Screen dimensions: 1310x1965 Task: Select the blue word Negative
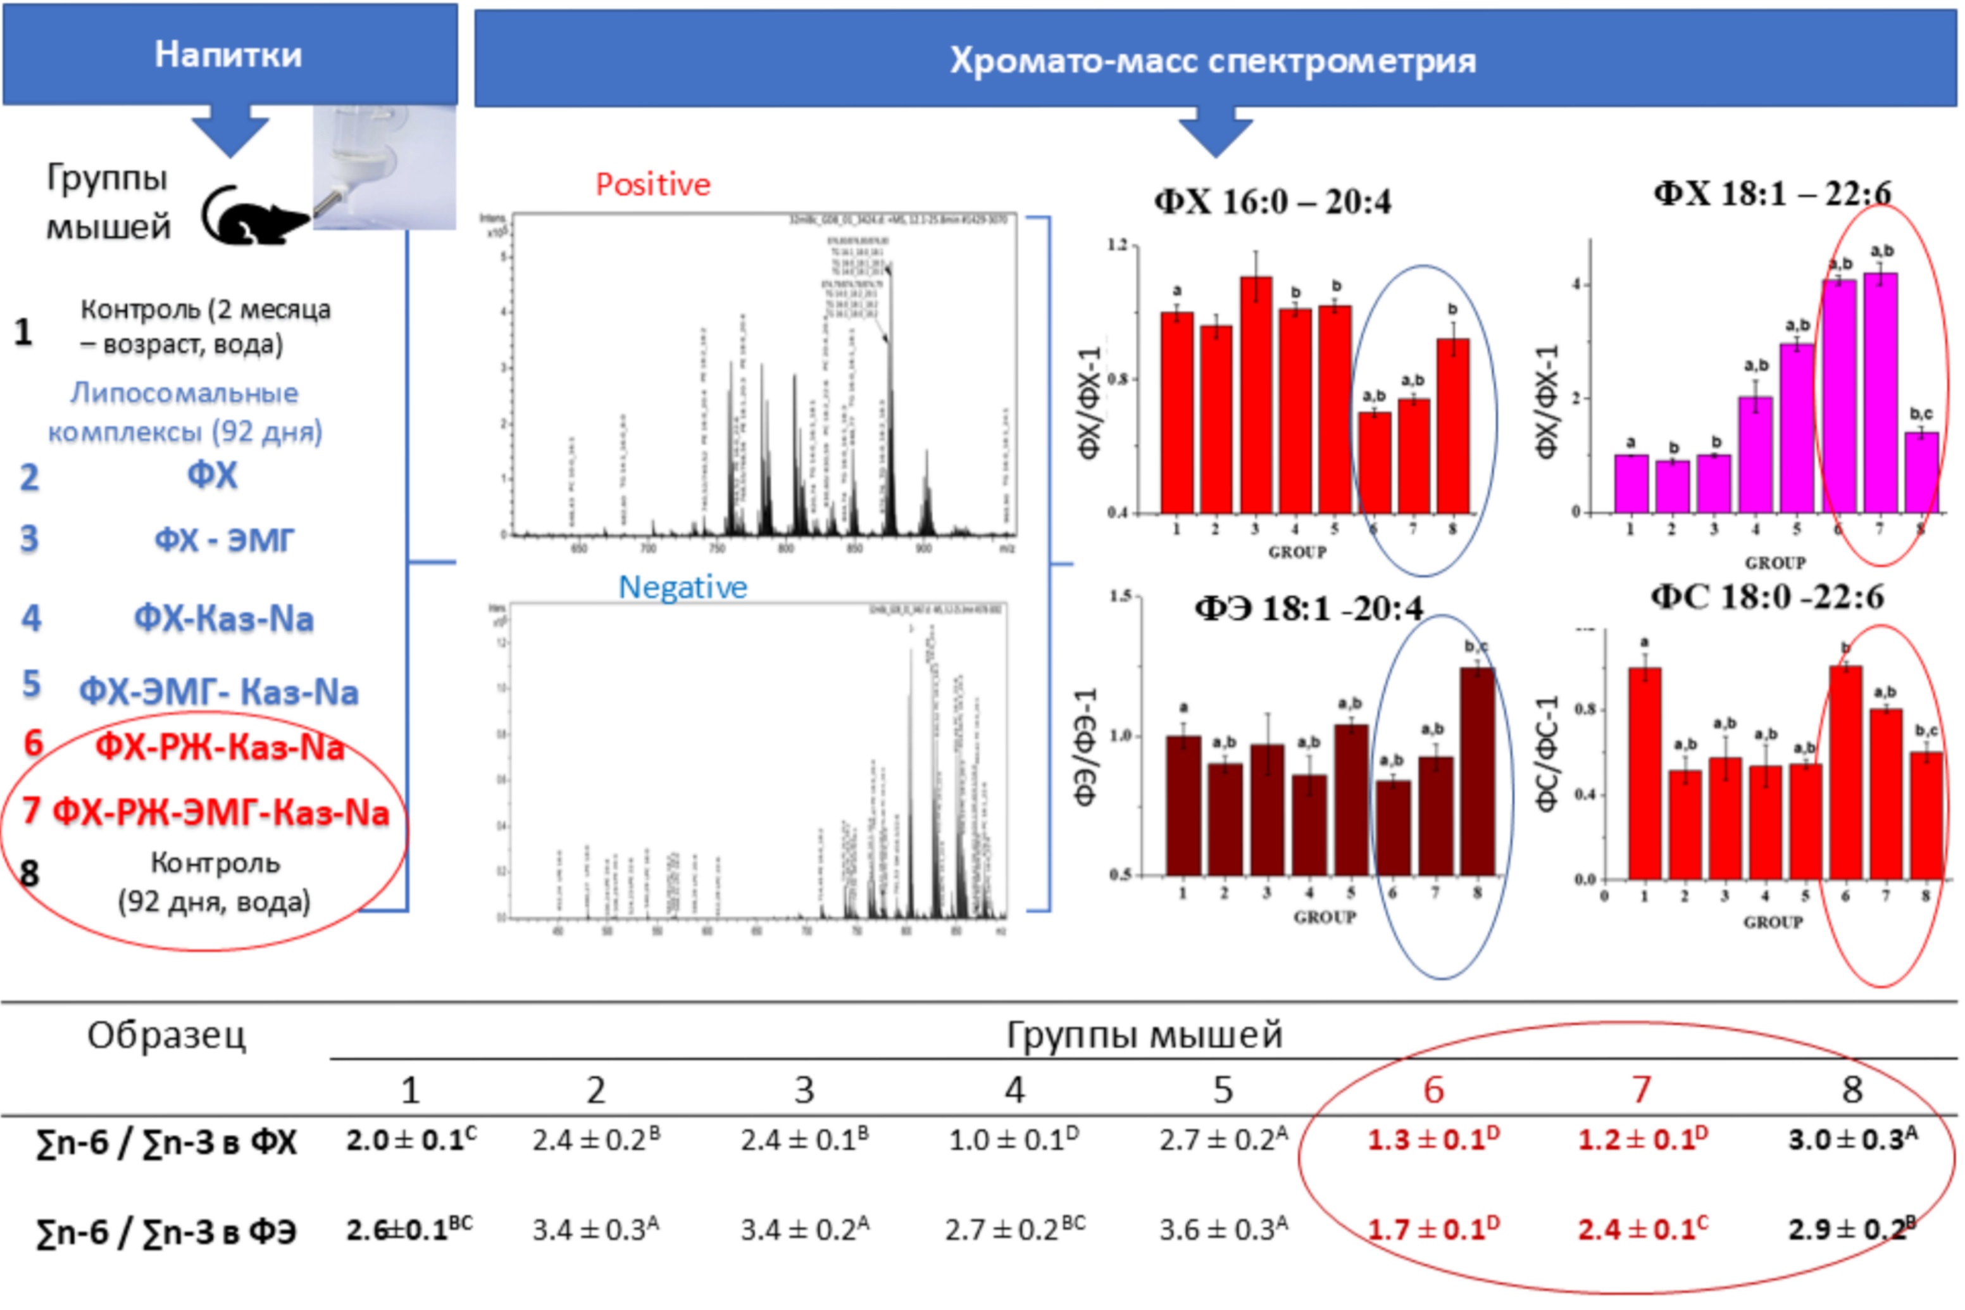tap(682, 588)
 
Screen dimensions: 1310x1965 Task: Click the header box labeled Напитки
tap(229, 55)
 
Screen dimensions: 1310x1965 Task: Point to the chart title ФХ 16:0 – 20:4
tap(1272, 201)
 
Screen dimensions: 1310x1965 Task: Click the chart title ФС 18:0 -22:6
tap(1767, 597)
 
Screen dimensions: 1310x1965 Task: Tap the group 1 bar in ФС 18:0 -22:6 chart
tap(1644, 773)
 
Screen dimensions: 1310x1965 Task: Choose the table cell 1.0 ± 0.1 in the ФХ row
tap(1013, 1140)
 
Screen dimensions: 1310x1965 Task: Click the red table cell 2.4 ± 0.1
tap(1642, 1229)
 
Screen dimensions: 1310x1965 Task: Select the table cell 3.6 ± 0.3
tap(1223, 1229)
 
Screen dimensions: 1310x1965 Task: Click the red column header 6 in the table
tap(1433, 1090)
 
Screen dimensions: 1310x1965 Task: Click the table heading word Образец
tap(166, 1036)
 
